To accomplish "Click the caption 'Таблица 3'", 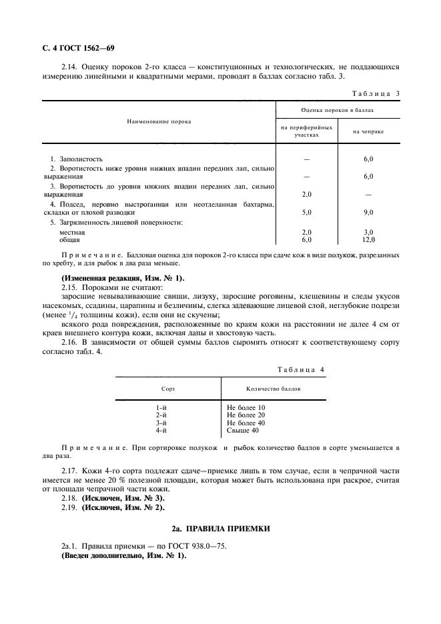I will click(374, 93).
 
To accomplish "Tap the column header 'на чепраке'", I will click(368, 131).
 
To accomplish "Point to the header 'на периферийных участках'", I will click(306, 131).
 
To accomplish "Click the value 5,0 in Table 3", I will click(307, 212).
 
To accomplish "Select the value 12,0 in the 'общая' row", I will click(368, 239).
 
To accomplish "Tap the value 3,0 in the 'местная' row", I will click(368, 232).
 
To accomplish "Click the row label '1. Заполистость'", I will click(77, 159).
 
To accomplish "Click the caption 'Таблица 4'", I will click(301, 369).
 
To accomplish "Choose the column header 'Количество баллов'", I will click(254, 387).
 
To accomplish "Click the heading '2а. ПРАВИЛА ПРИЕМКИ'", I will click(220, 529).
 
